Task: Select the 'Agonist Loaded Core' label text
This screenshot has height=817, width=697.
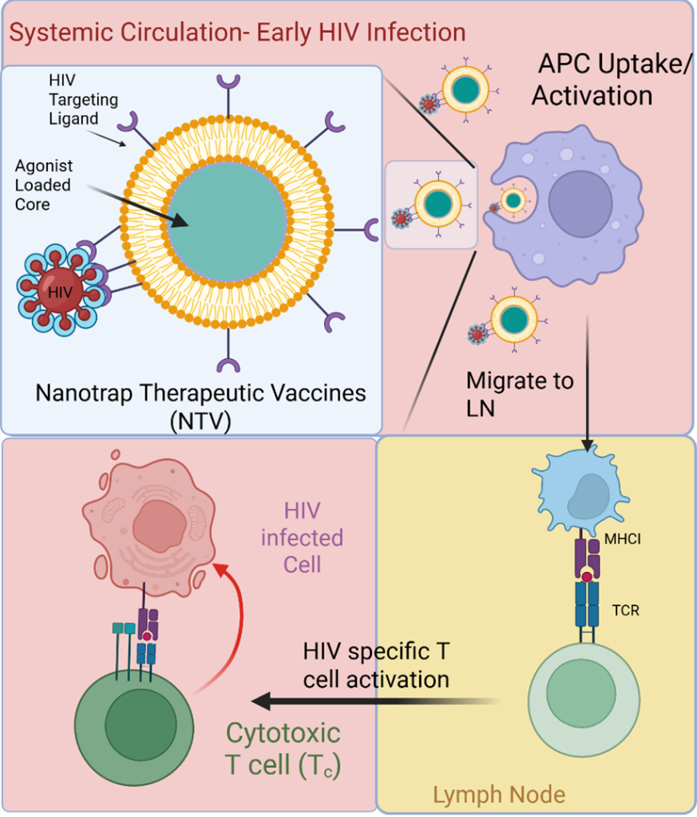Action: (43, 184)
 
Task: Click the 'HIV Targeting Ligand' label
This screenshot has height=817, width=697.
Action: (82, 100)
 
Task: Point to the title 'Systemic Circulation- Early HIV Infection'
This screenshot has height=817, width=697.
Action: (238, 33)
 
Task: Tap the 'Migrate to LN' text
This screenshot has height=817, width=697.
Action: (520, 393)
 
